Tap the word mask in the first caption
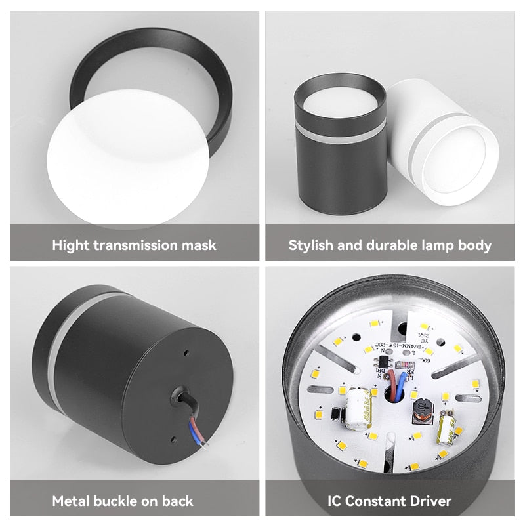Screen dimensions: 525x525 [198, 246]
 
